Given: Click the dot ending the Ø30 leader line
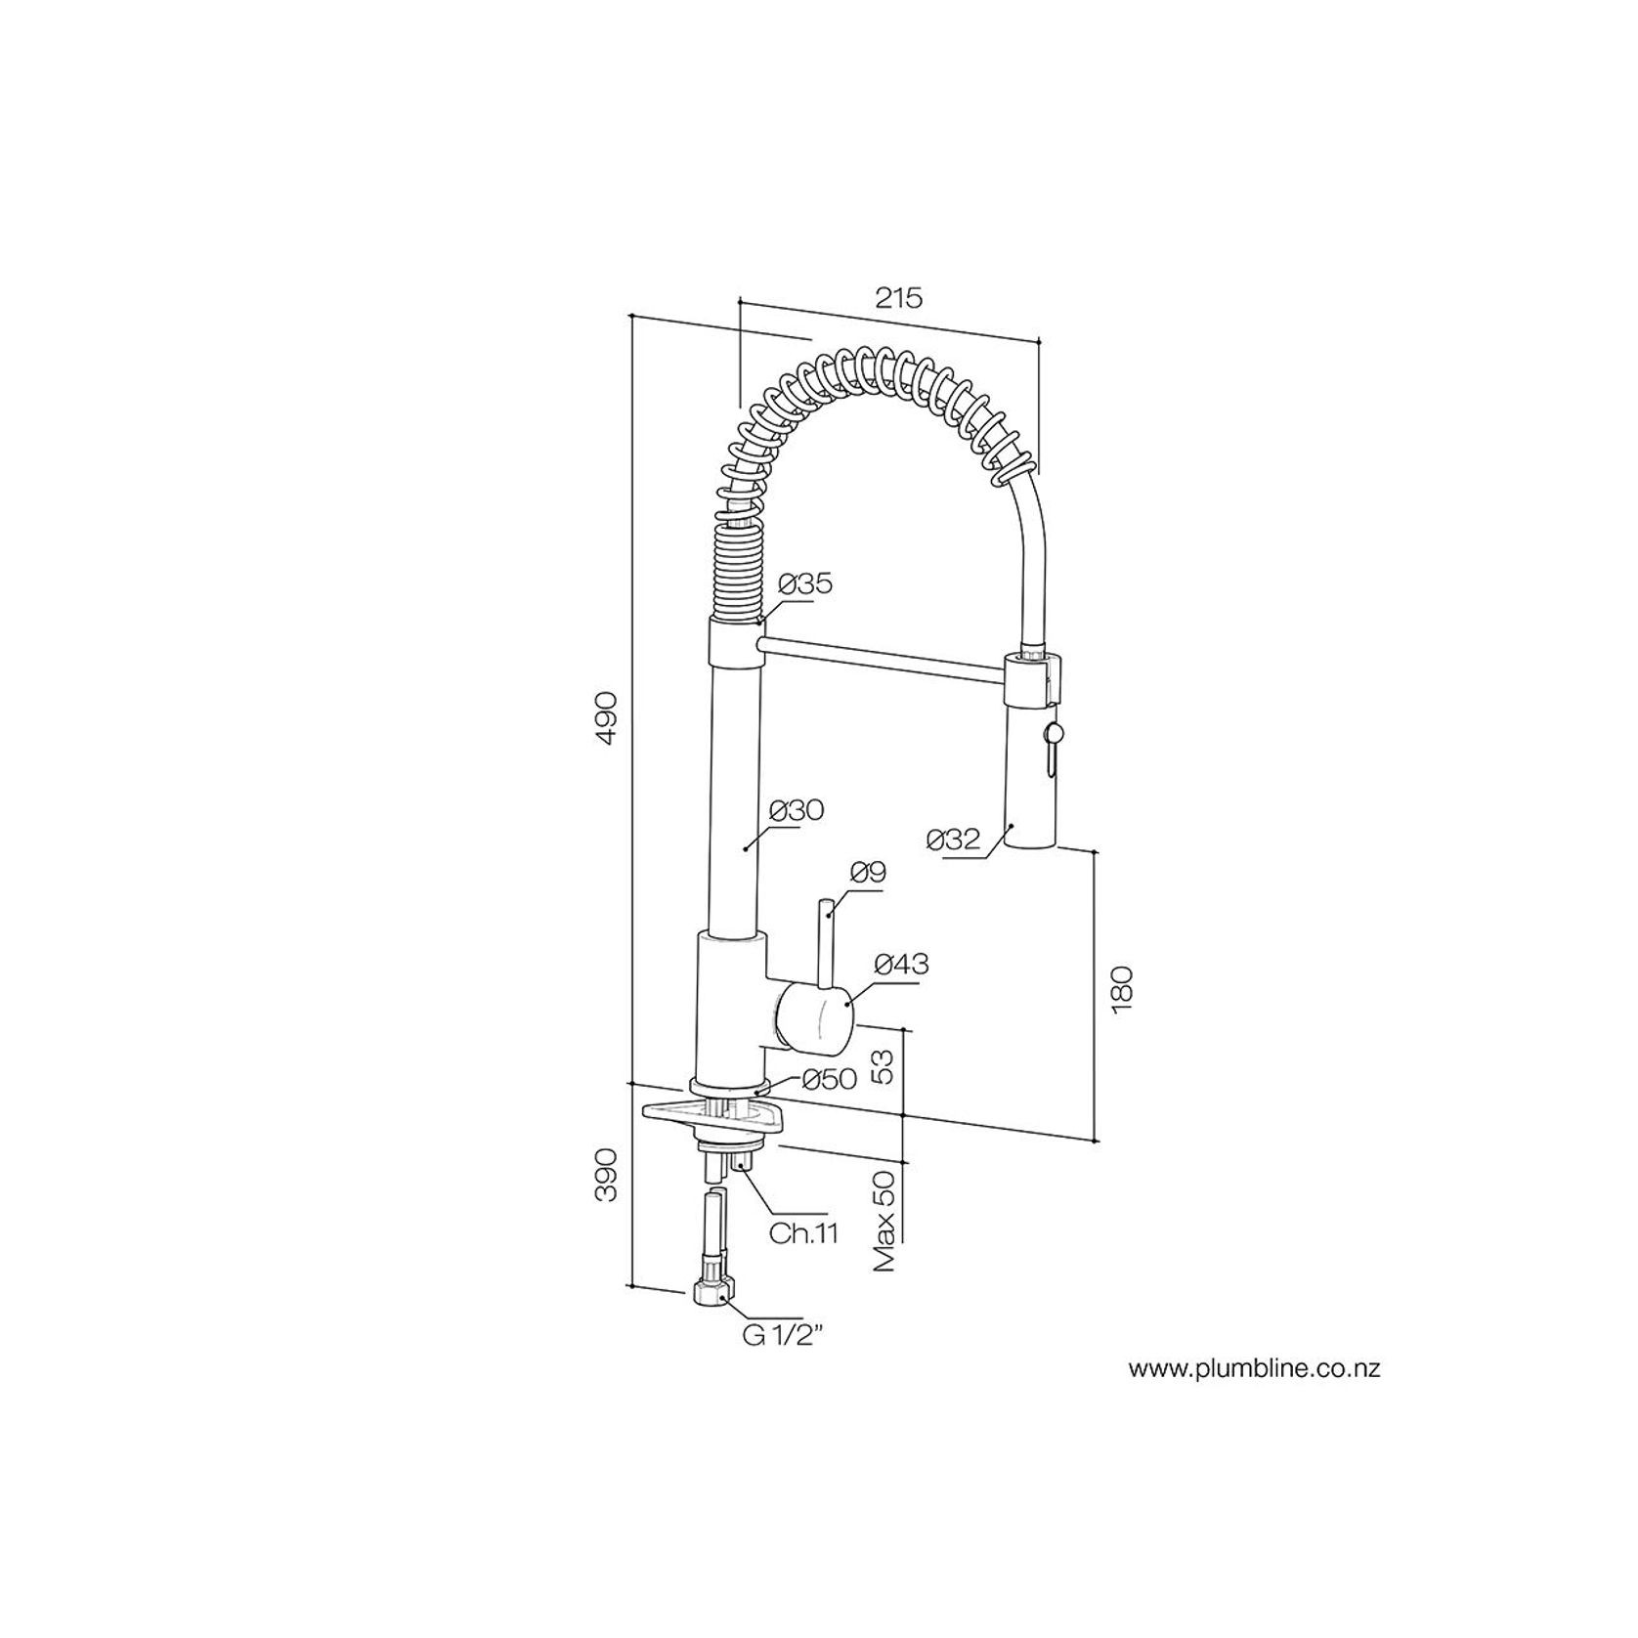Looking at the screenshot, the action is [x=747, y=848].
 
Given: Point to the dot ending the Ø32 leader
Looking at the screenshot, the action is [x=1013, y=826].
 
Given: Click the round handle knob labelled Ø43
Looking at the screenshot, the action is [x=815, y=1021].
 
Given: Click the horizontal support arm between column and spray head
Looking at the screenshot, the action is [x=882, y=656].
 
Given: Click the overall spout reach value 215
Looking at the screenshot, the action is [x=898, y=298].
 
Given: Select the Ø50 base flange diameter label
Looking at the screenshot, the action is [x=829, y=1079].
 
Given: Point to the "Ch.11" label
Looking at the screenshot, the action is [x=803, y=1233].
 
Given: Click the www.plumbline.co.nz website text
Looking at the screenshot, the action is [x=1255, y=1369].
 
